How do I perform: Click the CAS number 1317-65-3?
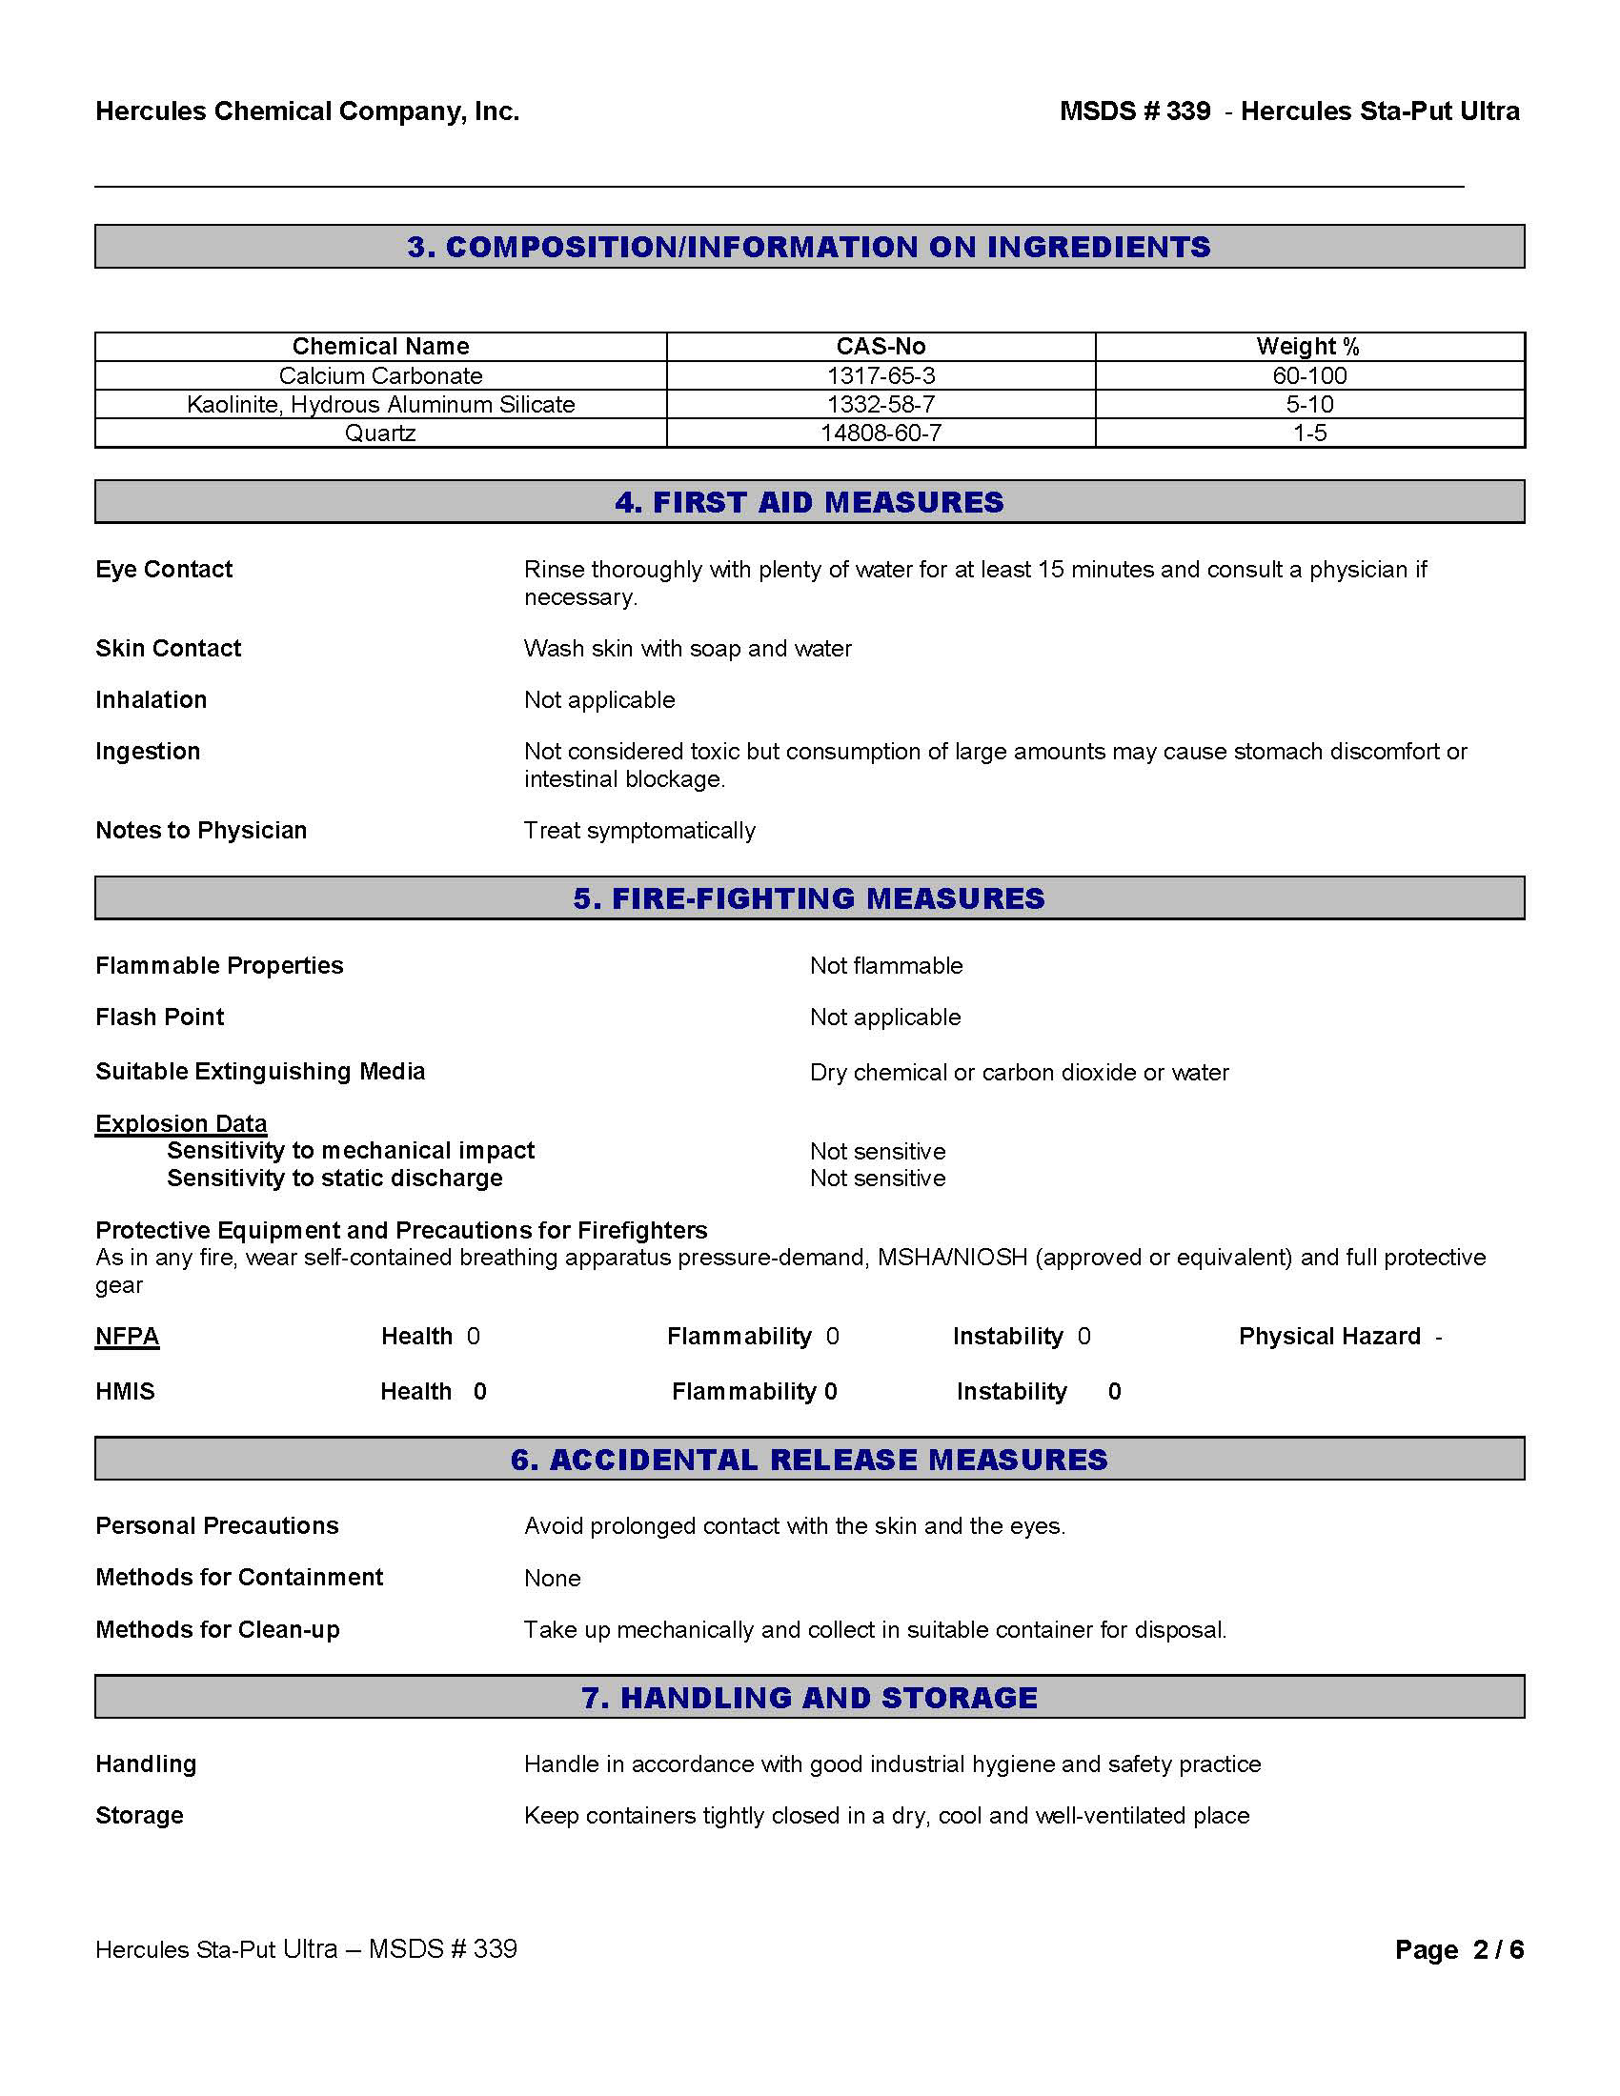[881, 375]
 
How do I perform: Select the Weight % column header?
[1308, 347]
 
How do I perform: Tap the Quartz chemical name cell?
[380, 433]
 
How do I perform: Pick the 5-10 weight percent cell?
[1309, 404]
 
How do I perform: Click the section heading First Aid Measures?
[809, 502]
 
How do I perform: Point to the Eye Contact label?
[164, 569]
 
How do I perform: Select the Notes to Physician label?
[200, 830]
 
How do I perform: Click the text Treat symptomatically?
[639, 830]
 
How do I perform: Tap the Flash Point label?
[159, 1017]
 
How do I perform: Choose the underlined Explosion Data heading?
[180, 1123]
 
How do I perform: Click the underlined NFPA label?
[127, 1336]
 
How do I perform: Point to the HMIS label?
[125, 1391]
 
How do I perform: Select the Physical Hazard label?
[1329, 1336]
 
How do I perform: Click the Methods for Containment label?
[239, 1577]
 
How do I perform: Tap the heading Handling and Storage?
[809, 1698]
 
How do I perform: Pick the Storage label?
[139, 1815]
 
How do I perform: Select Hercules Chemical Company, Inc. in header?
[307, 111]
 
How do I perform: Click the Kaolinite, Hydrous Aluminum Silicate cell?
[380, 404]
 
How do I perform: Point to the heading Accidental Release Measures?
[809, 1460]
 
